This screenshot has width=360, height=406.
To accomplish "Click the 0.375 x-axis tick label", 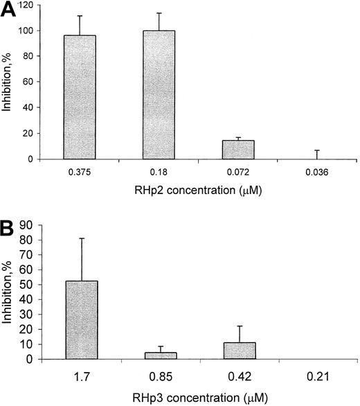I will coord(80,173).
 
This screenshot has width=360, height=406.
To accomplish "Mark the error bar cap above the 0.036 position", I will coord(316,150).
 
